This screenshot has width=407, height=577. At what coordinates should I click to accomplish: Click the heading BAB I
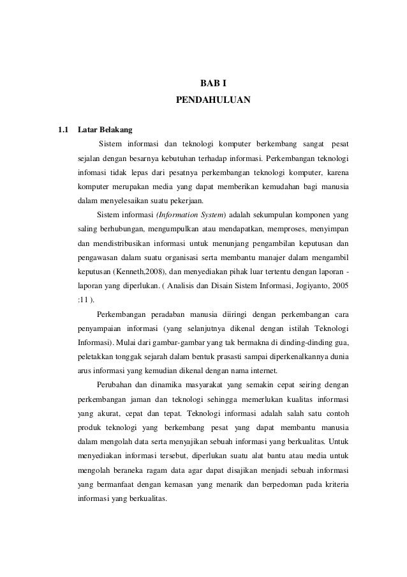point(213,84)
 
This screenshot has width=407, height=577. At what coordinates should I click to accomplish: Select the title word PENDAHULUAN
point(213,100)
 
